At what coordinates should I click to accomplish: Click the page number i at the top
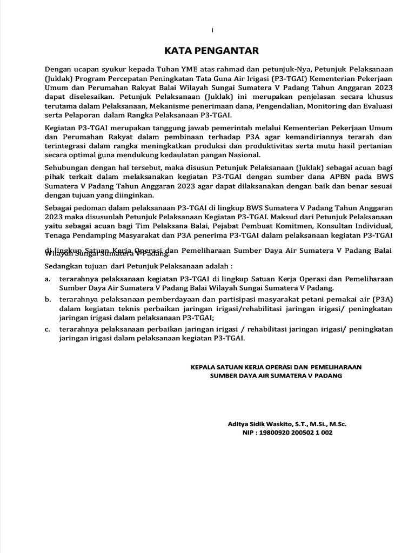pos(212,31)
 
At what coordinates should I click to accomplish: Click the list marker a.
pos(48,279)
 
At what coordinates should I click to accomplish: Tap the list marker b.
pos(48,299)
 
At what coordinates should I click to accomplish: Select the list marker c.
pos(48,329)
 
